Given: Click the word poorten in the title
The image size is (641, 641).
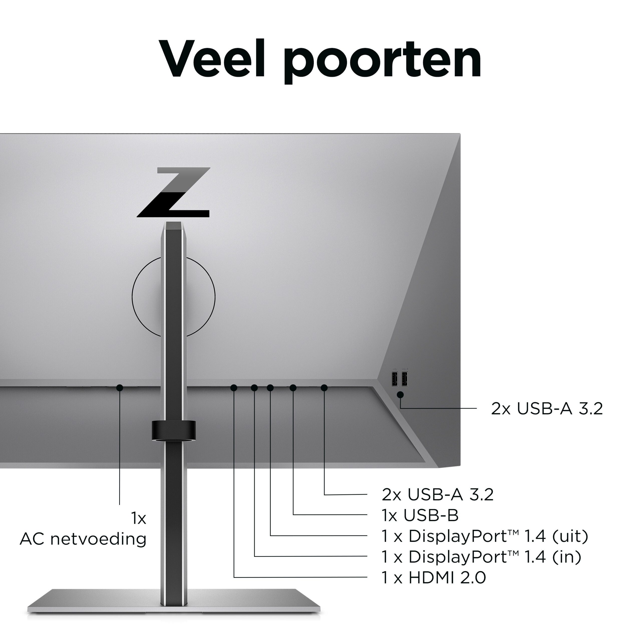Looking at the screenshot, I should pyautogui.click(x=382, y=61).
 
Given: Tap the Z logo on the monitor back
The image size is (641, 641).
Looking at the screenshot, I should pyautogui.click(x=174, y=193).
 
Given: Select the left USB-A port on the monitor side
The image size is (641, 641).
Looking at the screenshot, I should pyautogui.click(x=395, y=379).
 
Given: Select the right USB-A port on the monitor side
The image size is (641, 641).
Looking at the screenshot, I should pyautogui.click(x=405, y=379).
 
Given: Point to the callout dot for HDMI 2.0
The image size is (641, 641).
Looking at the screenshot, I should pyautogui.click(x=234, y=388).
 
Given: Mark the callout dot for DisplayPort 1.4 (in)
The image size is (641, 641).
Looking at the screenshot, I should pyautogui.click(x=254, y=388).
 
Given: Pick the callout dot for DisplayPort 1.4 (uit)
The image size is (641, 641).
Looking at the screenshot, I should pyautogui.click(x=270, y=388).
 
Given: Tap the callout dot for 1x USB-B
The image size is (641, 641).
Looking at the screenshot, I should pyautogui.click(x=293, y=388).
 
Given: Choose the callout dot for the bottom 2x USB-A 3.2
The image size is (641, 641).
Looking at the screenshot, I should pyautogui.click(x=325, y=388).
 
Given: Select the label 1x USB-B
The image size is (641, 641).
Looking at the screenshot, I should pyautogui.click(x=420, y=515).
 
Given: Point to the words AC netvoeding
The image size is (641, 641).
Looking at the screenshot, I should pyautogui.click(x=83, y=539).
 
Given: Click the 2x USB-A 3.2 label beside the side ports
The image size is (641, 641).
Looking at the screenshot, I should pyautogui.click(x=547, y=409).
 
